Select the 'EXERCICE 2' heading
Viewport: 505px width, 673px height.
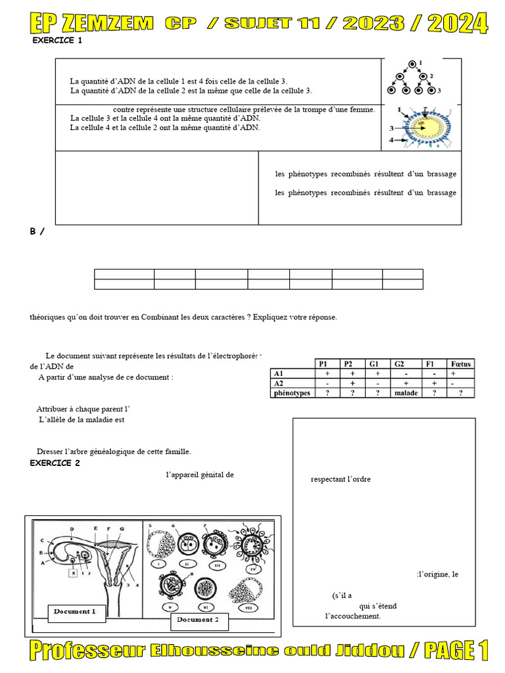coord(55,463)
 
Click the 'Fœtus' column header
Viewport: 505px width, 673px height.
coord(461,363)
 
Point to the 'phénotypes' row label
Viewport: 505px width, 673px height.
coord(291,393)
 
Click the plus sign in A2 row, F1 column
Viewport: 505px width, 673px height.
coord(433,383)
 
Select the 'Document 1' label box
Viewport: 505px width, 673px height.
coord(75,611)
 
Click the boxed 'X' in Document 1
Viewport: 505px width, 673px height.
coord(74,572)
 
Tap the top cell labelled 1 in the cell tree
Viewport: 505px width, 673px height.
coord(412,64)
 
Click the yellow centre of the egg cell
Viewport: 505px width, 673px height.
coord(424,125)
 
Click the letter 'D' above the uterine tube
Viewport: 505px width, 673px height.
coord(71,528)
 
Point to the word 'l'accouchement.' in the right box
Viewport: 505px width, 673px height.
coord(353,616)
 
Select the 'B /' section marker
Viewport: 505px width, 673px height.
coord(37,232)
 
